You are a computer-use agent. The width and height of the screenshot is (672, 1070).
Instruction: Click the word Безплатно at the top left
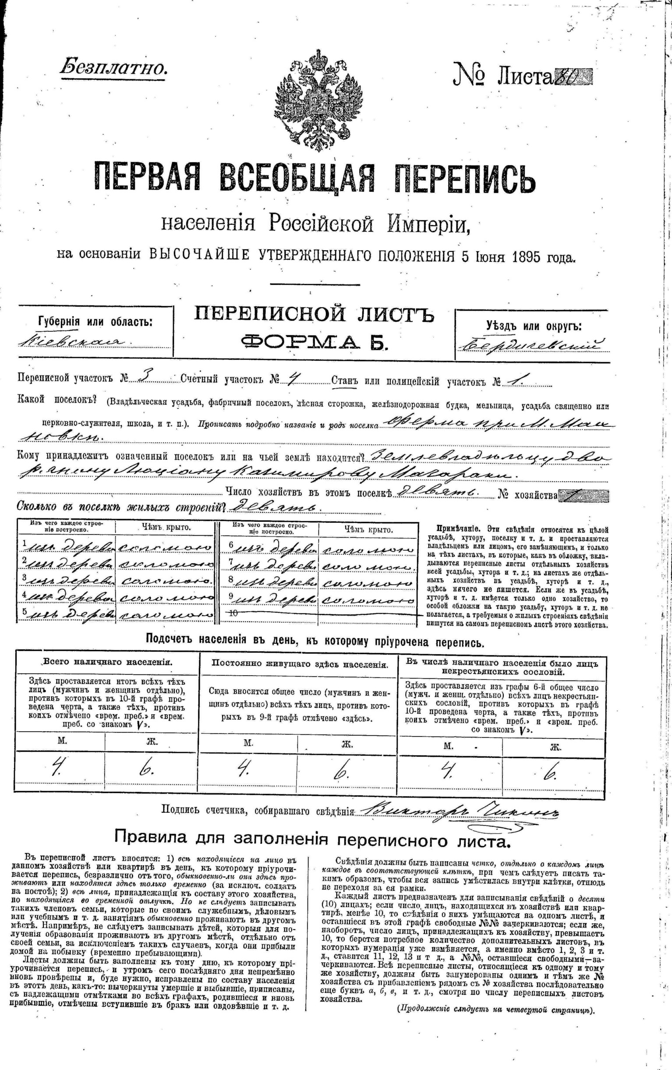point(113,68)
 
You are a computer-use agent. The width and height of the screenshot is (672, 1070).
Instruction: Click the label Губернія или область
point(95,321)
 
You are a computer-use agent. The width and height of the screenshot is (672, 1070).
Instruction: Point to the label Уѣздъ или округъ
point(533,326)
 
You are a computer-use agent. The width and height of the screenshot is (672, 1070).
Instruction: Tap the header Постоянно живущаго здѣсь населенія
point(300,664)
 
